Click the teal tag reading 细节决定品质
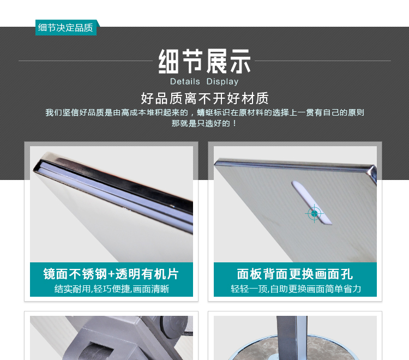click(x=65, y=28)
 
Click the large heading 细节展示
click(x=204, y=61)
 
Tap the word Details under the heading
click(x=185, y=82)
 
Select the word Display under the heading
click(x=222, y=82)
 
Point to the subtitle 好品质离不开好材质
click(x=204, y=99)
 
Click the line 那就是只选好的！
click(x=204, y=123)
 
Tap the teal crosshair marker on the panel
click(x=314, y=213)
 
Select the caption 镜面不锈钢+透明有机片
click(x=111, y=274)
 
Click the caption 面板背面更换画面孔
click(x=295, y=274)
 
